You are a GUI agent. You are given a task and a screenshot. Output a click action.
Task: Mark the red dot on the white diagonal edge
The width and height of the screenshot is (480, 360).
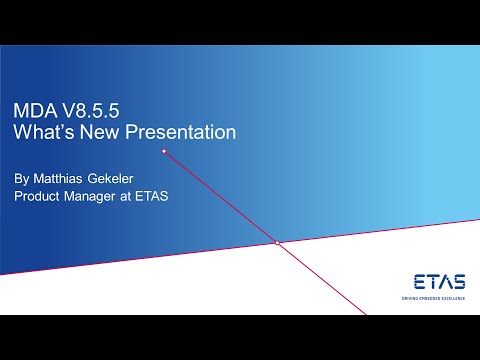[x=276, y=243]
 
